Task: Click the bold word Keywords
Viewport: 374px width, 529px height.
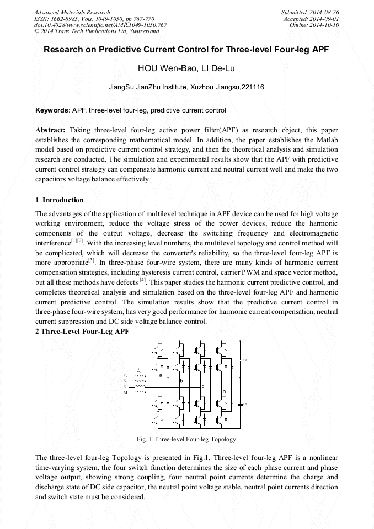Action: [52, 110]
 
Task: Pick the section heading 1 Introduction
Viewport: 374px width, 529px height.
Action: [59, 200]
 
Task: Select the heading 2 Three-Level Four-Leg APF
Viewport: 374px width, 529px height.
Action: [82, 332]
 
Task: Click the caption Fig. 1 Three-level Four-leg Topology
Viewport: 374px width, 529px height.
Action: [186, 439]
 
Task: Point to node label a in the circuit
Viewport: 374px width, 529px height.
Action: [160, 375]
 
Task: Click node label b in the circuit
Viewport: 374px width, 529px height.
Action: [181, 381]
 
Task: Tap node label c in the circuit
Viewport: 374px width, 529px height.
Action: [202, 386]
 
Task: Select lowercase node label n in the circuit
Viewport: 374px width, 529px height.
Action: [224, 391]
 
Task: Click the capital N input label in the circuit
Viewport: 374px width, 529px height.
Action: [125, 392]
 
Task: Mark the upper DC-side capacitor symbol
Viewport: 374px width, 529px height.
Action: [239, 360]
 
